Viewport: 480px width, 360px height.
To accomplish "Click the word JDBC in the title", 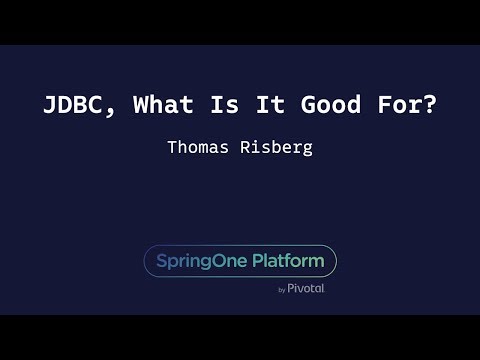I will [x=74, y=105].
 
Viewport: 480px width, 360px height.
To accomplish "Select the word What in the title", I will [x=163, y=105].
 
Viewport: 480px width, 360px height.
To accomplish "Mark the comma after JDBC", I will [x=111, y=111].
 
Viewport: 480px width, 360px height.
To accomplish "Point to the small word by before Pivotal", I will [x=281, y=290].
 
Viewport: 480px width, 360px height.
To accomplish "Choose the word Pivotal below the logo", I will [x=306, y=289].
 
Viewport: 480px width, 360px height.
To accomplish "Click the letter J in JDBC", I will [x=52, y=105].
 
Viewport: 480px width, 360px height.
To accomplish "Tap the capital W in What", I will [x=141, y=105].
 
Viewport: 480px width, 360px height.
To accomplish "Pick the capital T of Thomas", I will [x=172, y=147].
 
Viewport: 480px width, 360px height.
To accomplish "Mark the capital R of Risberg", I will [x=246, y=147].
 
